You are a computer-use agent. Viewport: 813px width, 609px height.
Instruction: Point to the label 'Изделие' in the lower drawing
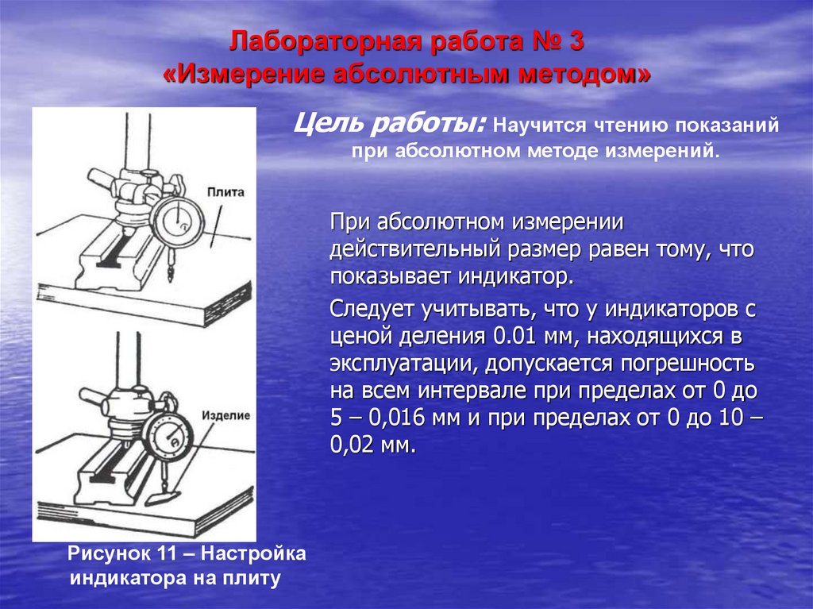click(x=226, y=415)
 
